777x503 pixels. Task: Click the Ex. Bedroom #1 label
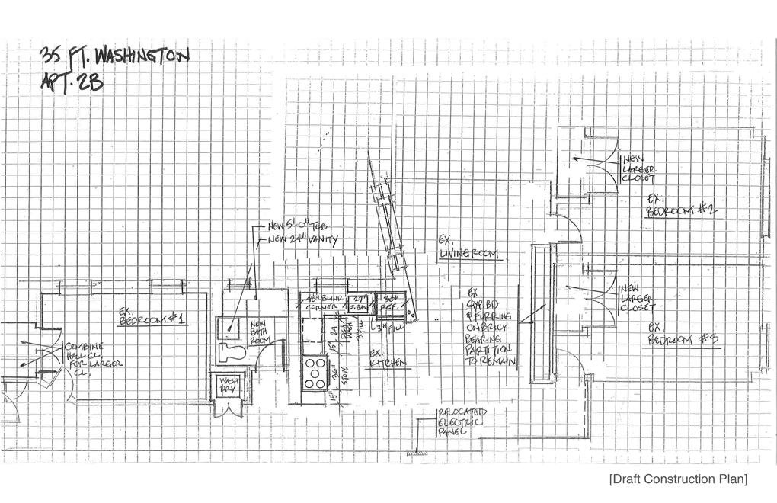[153, 316]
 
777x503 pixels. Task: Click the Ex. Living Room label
[469, 247]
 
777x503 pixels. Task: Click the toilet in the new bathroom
[233, 352]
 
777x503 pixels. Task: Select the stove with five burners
[314, 373]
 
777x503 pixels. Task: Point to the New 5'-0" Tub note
[302, 226]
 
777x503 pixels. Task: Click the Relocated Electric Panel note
[461, 422]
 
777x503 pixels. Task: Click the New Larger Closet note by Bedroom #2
[638, 168]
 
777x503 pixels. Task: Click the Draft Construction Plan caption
[678, 479]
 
